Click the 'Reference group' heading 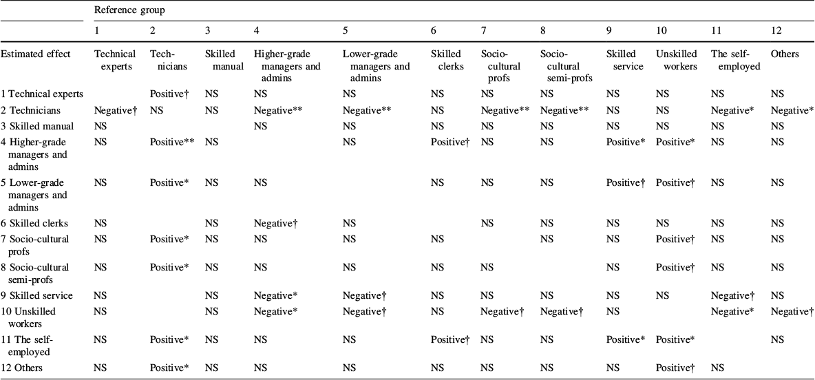129,10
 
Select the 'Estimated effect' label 35,54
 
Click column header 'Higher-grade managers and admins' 288,66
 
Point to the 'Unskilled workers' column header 675,60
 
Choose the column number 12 776,32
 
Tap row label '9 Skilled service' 37,295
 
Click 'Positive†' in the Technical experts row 169,94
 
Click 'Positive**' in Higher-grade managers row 171,141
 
